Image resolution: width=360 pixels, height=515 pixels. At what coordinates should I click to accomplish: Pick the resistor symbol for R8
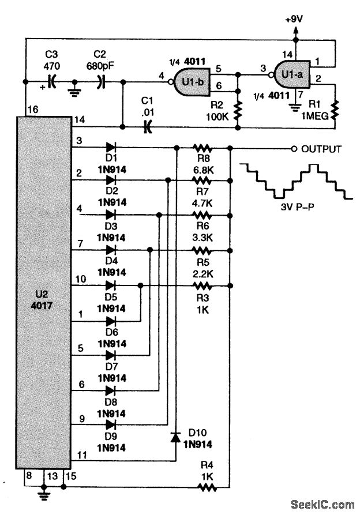tap(201, 148)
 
